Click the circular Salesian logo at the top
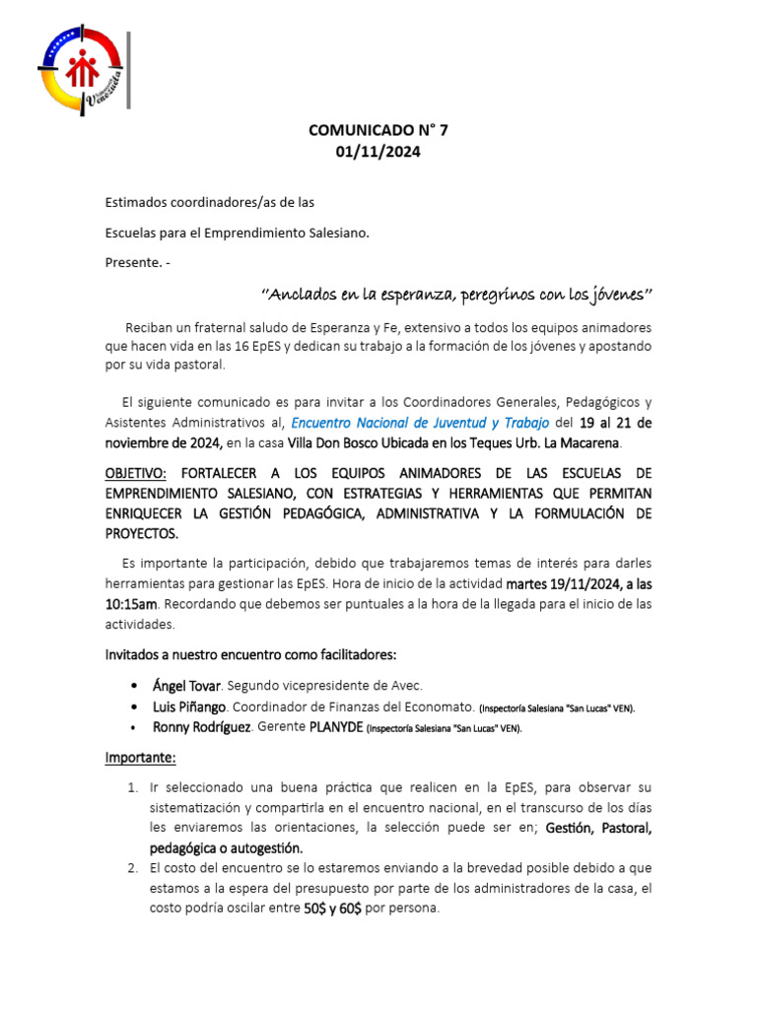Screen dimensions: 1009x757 (83, 70)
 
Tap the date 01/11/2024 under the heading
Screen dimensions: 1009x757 (378, 151)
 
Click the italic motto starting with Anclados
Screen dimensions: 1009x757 (456, 295)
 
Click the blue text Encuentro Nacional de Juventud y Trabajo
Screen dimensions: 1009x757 (421, 422)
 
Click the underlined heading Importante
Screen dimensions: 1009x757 (141, 758)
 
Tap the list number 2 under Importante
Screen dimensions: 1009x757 (132, 868)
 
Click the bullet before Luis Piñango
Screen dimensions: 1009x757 (134, 707)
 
